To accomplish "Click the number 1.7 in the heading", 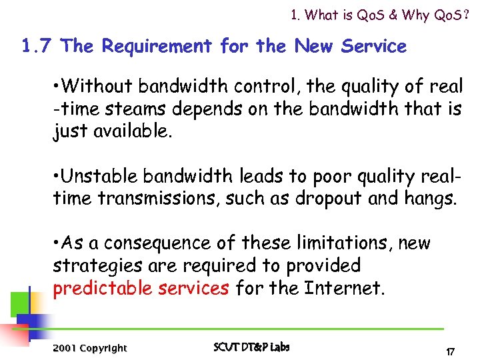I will point(37,47).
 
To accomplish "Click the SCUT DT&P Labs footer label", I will point(251,347).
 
